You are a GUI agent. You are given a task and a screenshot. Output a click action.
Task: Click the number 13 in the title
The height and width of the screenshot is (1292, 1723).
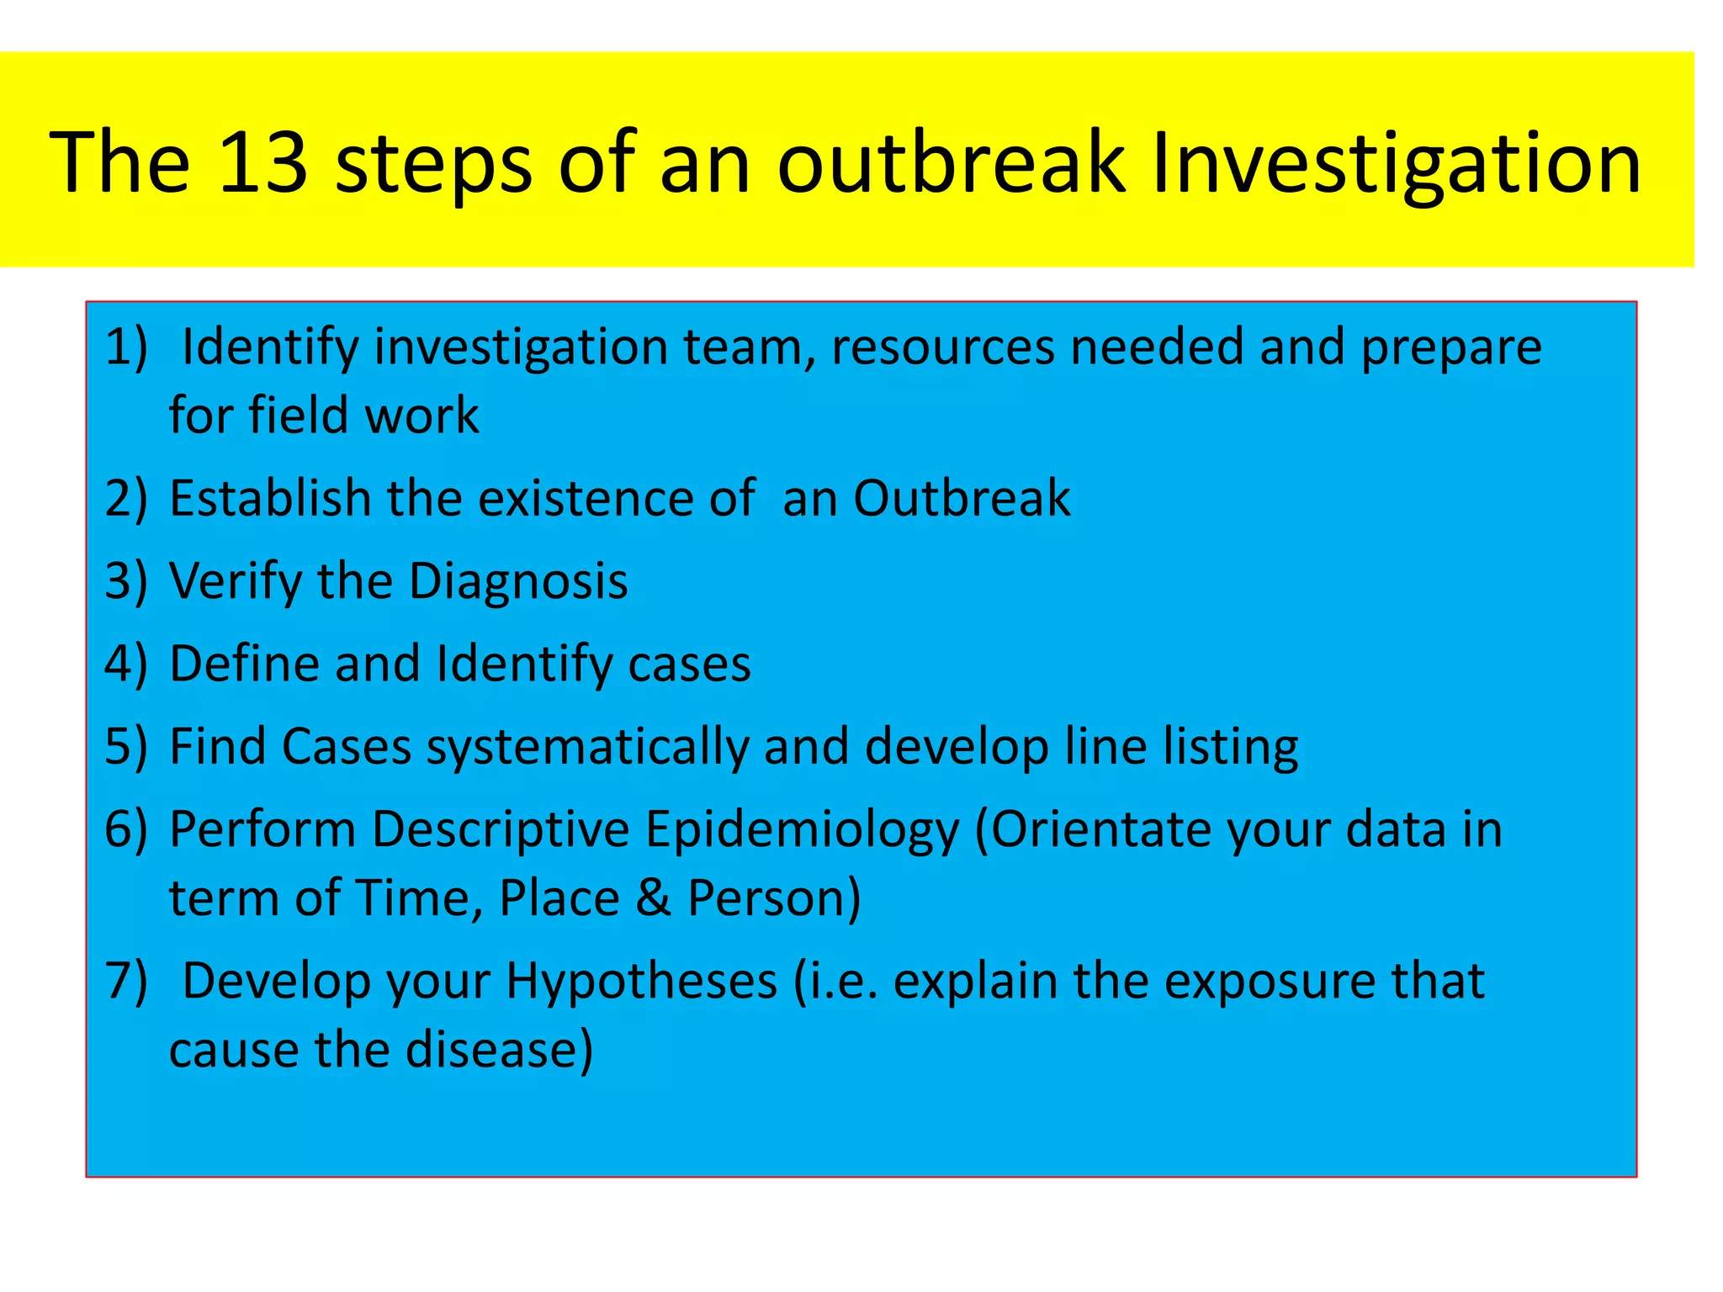(262, 161)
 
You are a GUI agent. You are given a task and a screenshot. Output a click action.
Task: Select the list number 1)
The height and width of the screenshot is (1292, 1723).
(126, 347)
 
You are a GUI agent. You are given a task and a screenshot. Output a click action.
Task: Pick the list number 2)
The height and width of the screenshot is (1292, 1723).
(126, 498)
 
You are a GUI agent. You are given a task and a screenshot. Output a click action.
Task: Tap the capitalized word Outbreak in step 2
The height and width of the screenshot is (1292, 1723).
(962, 498)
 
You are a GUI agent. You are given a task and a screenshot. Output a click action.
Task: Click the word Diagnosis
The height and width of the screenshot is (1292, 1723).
(518, 582)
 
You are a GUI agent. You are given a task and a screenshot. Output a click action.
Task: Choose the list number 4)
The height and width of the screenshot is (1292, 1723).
(126, 664)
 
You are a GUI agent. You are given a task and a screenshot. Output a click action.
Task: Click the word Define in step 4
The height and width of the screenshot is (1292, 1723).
(244, 664)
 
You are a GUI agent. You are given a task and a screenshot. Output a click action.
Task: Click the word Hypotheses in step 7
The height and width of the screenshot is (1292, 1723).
(641, 982)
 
